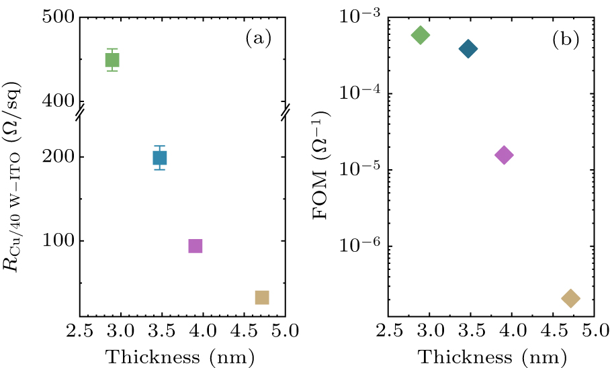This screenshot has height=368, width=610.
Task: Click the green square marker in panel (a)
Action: [112, 60]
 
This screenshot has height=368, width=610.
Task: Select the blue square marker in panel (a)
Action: [159, 158]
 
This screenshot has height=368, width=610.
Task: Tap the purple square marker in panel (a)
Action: [195, 246]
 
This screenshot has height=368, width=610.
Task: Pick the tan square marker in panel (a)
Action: [262, 297]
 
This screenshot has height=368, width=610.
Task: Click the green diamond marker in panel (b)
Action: [421, 35]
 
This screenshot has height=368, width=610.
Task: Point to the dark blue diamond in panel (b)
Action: [468, 48]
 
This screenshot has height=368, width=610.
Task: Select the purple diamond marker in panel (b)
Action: [504, 155]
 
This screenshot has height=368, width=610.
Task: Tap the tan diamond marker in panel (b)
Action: [570, 298]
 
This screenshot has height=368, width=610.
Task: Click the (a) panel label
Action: [258, 40]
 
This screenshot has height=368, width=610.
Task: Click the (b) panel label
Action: [566, 40]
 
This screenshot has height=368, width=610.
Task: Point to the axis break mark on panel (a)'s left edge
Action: [79, 114]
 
